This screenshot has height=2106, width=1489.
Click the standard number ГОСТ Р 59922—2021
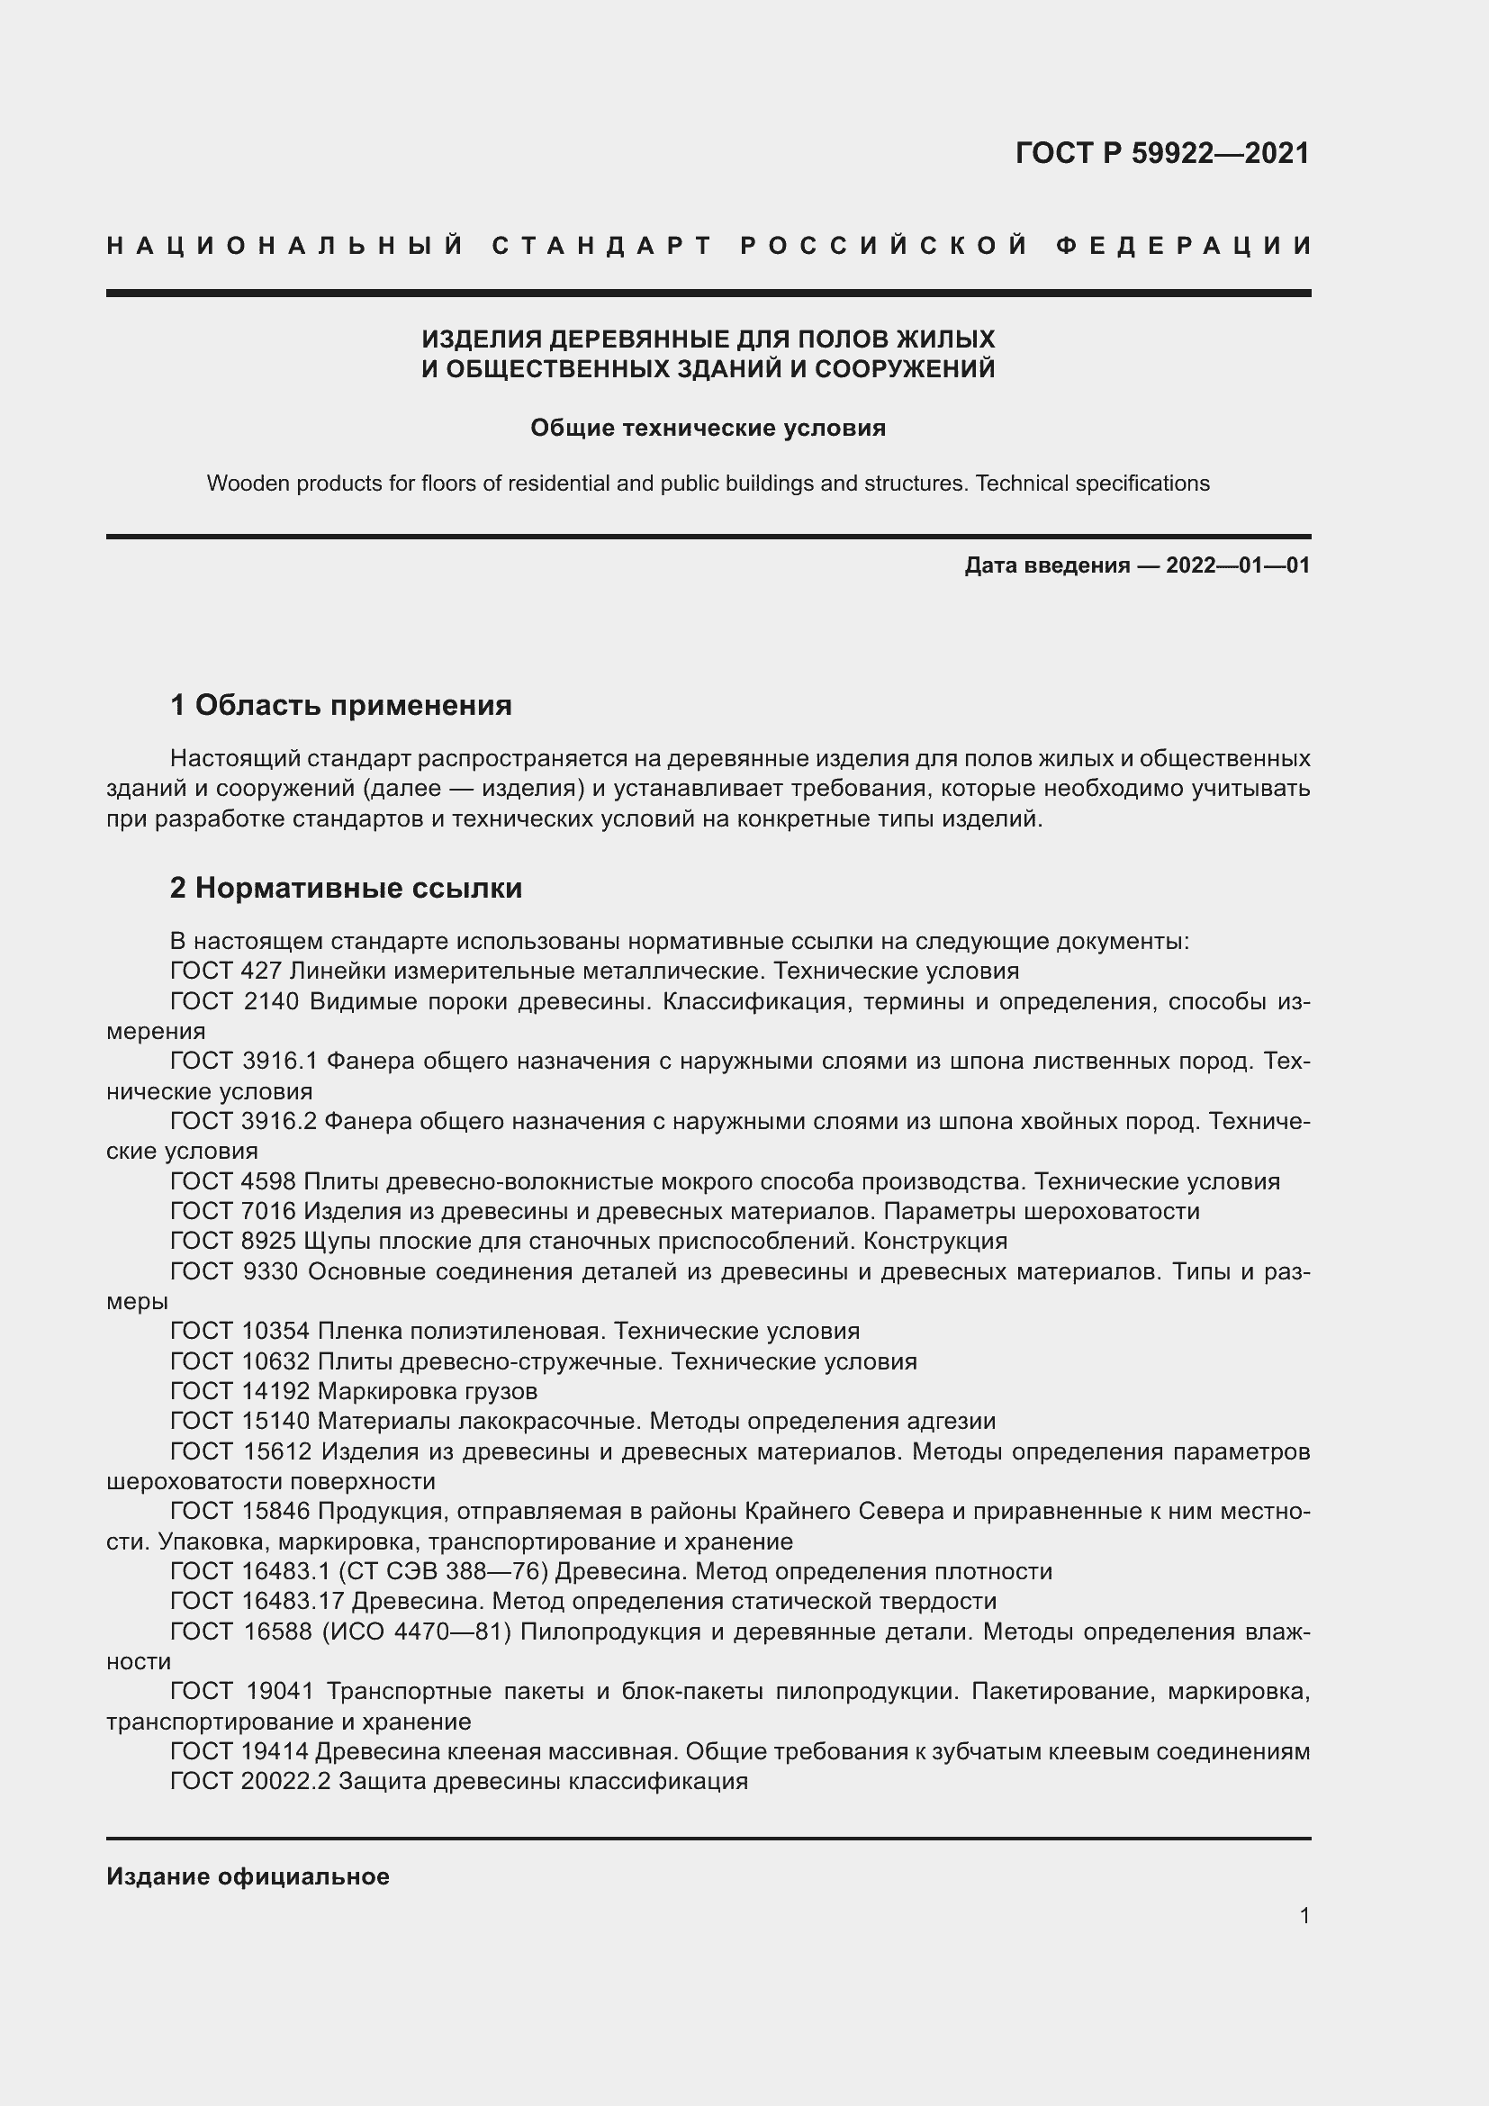(x=1161, y=153)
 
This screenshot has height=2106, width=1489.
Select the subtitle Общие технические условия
(x=708, y=429)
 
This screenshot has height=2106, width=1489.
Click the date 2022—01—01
(x=1237, y=565)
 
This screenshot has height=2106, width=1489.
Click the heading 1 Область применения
(x=341, y=705)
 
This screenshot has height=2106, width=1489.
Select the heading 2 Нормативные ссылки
(x=346, y=888)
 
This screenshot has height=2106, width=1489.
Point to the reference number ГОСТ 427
(x=225, y=971)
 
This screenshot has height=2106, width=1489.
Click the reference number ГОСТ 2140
(x=235, y=1000)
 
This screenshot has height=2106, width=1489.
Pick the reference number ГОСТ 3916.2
(x=243, y=1121)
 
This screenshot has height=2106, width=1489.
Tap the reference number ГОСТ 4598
(x=233, y=1181)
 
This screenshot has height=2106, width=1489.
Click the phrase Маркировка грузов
(x=428, y=1391)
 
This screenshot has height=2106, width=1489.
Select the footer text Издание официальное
(x=248, y=1876)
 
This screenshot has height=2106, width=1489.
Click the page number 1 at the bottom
(x=1304, y=1915)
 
